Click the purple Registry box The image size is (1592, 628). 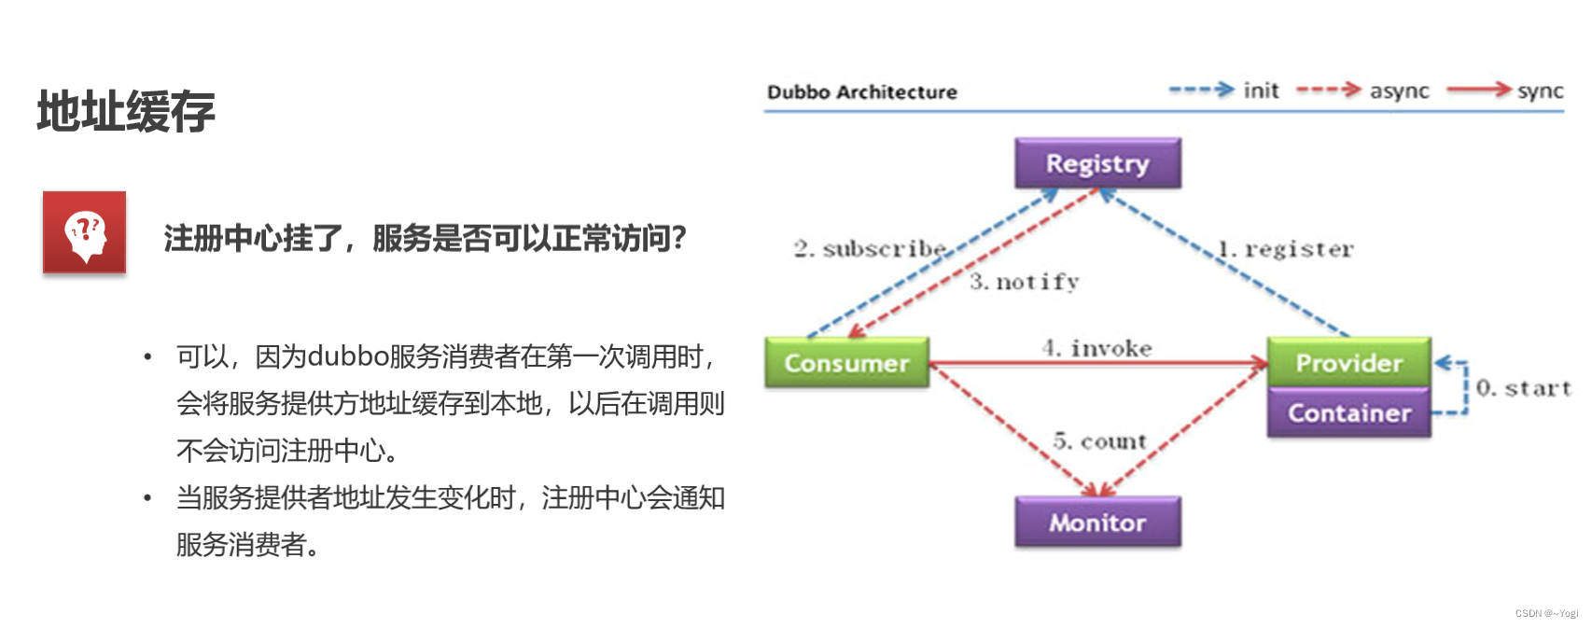click(x=1097, y=163)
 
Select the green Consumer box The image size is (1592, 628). click(x=846, y=363)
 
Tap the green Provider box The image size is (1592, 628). click(x=1348, y=363)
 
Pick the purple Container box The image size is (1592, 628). click(x=1348, y=413)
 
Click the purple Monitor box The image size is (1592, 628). click(x=1097, y=523)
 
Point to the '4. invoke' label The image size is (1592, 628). click(x=1097, y=348)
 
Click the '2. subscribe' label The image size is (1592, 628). click(x=870, y=249)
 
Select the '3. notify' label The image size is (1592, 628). click(x=1024, y=282)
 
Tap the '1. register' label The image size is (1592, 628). click(x=1285, y=249)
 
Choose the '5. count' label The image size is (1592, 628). click(x=1099, y=441)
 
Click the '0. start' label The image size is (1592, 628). click(x=1523, y=388)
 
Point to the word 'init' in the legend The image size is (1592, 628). click(x=1261, y=91)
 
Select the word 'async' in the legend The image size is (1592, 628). click(x=1399, y=91)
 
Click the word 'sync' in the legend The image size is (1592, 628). click(x=1540, y=91)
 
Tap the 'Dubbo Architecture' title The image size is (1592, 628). click(x=861, y=92)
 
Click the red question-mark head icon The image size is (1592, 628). click(x=84, y=232)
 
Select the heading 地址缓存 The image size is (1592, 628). click(x=126, y=112)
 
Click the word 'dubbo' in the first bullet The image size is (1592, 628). click(x=347, y=356)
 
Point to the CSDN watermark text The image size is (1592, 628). click(x=1546, y=613)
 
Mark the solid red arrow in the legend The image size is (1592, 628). click(x=1478, y=90)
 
